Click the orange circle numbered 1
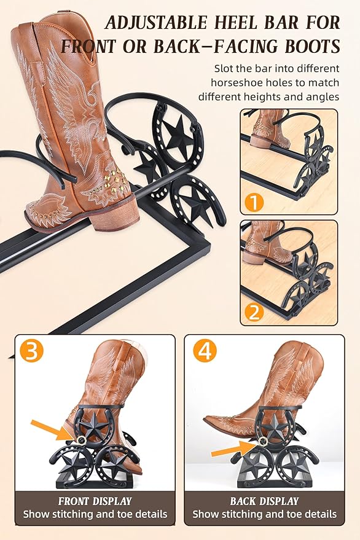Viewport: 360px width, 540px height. pyautogui.click(x=254, y=202)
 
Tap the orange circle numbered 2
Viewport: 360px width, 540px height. pyautogui.click(x=254, y=313)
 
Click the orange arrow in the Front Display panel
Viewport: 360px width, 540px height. pyautogui.click(x=52, y=430)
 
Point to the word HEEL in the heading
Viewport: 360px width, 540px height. pyautogui.click(x=236, y=23)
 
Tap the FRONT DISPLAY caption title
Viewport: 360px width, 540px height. pyautogui.click(x=95, y=501)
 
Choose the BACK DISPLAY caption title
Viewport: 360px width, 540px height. pyautogui.click(x=265, y=501)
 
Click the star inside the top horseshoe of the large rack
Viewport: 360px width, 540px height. pyautogui.click(x=178, y=135)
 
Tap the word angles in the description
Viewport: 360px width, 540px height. pyautogui.click(x=322, y=98)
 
